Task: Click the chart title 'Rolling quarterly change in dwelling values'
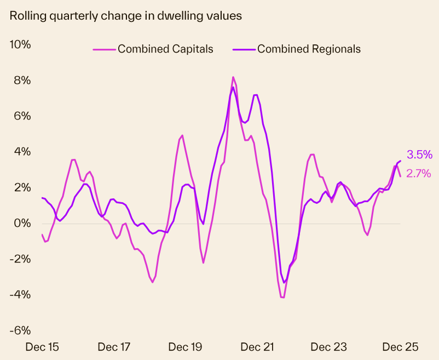(x=126, y=16)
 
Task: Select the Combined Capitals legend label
(x=165, y=49)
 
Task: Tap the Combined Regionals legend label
(x=309, y=49)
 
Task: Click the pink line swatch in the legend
(x=103, y=49)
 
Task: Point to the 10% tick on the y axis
(x=20, y=44)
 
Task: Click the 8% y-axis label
(x=22, y=81)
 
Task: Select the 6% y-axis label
(x=22, y=116)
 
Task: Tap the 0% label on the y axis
(x=22, y=224)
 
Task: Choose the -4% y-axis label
(x=20, y=295)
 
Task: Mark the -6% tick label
(x=20, y=330)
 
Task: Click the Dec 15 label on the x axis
(x=43, y=347)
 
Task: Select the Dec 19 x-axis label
(x=186, y=347)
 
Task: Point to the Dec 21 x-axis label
(x=257, y=347)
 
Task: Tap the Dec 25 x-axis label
(x=400, y=347)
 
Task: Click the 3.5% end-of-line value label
(x=419, y=155)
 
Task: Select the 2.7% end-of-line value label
(x=419, y=174)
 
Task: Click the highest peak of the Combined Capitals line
(x=233, y=77)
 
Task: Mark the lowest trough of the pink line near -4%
(x=282, y=298)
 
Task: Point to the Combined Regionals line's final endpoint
(x=401, y=161)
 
